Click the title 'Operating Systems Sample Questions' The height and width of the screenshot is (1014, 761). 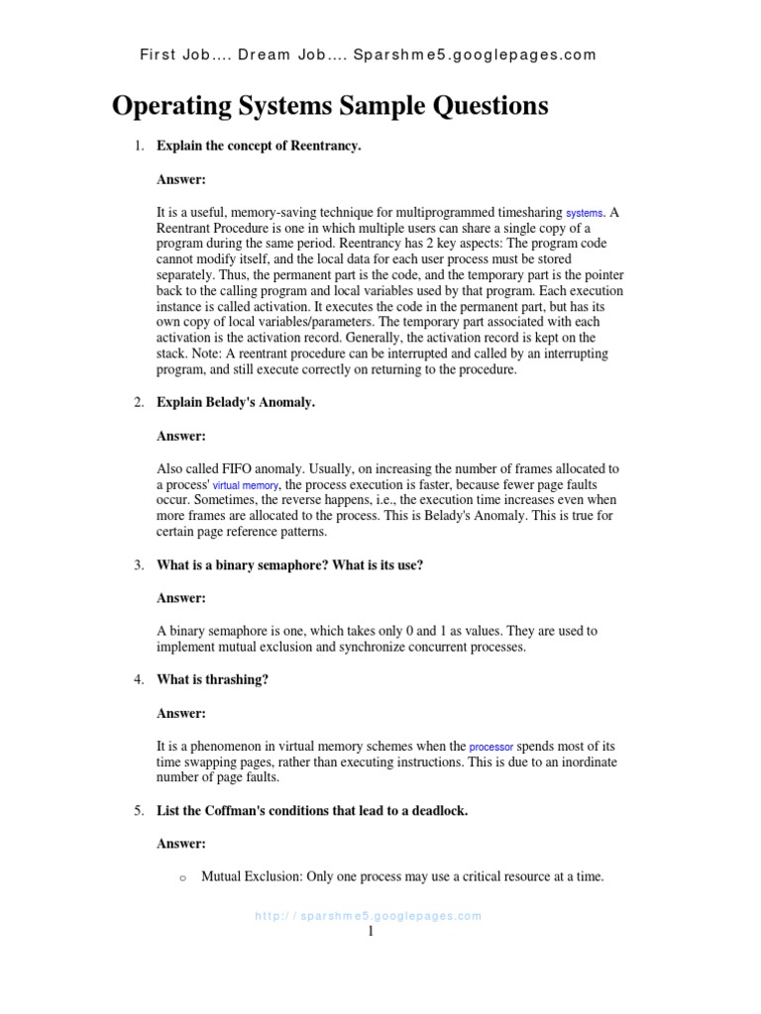[330, 105]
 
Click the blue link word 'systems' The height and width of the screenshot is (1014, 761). [584, 213]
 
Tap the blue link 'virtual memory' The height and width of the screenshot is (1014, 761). [246, 486]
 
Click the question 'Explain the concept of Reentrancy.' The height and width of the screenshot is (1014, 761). [260, 147]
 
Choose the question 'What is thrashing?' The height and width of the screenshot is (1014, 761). [213, 679]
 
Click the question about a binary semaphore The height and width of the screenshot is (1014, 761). [290, 564]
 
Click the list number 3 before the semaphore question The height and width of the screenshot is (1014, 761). [139, 564]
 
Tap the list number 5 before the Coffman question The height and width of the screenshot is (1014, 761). [139, 810]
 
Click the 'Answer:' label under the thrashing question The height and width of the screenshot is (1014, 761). [181, 713]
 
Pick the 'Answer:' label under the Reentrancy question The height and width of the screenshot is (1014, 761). [181, 180]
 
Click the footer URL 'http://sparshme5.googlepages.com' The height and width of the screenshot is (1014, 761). [369, 916]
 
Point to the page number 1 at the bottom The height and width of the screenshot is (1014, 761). [371, 933]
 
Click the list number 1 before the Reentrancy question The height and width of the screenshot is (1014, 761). [139, 147]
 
